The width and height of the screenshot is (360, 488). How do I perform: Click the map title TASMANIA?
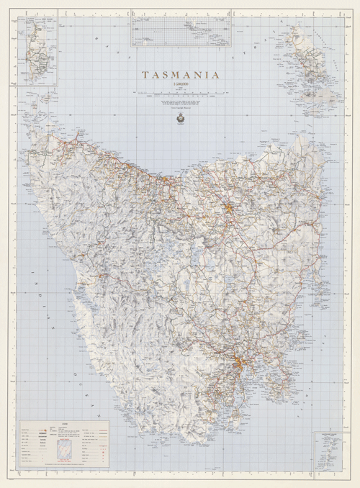point(181,74)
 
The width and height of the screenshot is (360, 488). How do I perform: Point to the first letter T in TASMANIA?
point(145,74)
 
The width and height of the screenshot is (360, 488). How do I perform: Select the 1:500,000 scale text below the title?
point(181,86)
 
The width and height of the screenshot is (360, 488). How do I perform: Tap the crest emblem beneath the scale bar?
point(181,117)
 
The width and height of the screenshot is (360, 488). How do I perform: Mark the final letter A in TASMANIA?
point(217,74)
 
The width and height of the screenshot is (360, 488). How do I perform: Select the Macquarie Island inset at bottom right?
point(328,450)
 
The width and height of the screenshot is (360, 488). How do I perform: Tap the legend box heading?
point(65,425)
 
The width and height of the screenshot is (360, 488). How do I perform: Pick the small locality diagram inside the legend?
point(66,446)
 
